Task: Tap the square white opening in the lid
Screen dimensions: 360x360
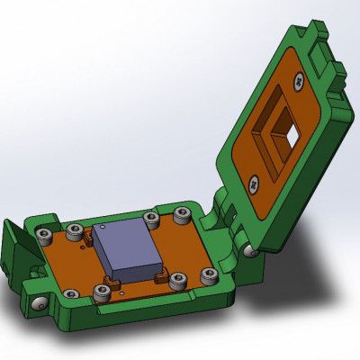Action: pos(290,137)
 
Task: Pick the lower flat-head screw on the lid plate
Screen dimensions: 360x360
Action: pos(254,185)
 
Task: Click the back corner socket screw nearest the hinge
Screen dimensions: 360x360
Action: pos(183,215)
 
